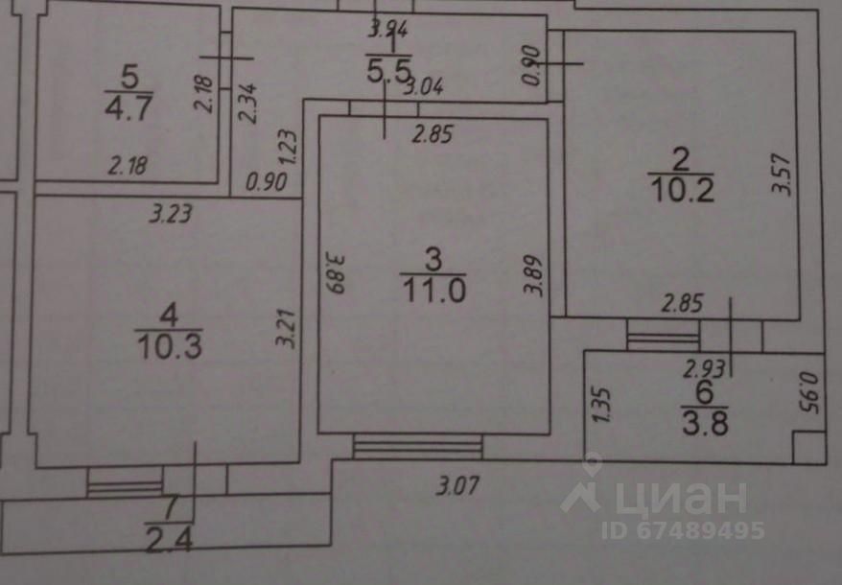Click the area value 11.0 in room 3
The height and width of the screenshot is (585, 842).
tap(433, 290)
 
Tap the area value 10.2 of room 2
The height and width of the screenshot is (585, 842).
tap(683, 189)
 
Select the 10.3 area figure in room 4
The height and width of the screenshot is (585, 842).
tap(169, 342)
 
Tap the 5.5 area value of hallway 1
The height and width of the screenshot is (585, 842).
tap(388, 69)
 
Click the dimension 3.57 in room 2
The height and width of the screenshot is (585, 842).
tap(784, 175)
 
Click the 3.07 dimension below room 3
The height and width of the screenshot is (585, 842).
tap(457, 485)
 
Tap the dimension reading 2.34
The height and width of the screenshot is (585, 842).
tap(247, 103)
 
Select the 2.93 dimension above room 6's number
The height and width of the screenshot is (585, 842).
tap(704, 365)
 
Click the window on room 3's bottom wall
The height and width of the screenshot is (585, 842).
tap(417, 446)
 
